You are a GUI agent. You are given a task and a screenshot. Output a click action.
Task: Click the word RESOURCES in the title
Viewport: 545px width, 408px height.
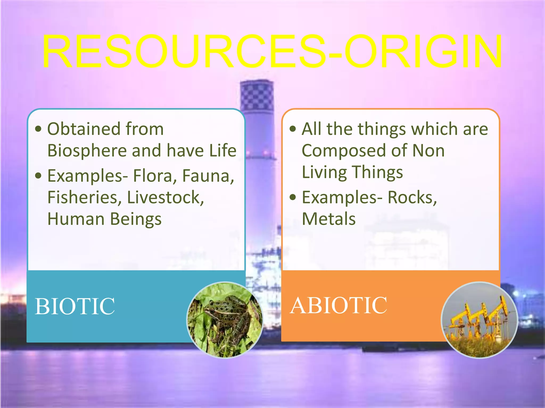coord(184,52)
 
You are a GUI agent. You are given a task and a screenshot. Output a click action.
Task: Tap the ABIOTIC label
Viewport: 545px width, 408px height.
coord(338,305)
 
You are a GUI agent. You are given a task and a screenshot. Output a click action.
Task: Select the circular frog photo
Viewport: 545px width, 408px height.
coord(225,320)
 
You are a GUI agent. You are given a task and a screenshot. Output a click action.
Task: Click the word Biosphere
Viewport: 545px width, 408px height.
coord(87,151)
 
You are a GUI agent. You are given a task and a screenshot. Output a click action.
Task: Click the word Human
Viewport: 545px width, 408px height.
coord(76,219)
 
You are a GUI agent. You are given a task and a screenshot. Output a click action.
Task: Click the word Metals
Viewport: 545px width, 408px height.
coord(329,219)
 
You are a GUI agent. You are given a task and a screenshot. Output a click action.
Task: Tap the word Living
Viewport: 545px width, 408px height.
coord(324,172)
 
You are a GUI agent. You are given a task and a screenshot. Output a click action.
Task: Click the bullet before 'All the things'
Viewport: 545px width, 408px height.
coord(293,129)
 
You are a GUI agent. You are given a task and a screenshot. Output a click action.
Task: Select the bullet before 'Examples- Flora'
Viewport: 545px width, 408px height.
coord(39,176)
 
